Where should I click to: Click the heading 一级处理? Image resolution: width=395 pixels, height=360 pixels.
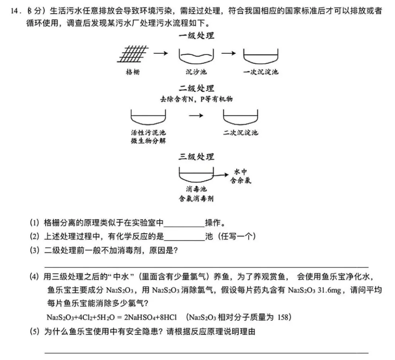tap(196, 36)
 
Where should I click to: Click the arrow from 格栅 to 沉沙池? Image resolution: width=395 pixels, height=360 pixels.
tap(160, 54)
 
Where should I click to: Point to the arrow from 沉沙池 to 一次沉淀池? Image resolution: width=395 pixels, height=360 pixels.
tap(228, 53)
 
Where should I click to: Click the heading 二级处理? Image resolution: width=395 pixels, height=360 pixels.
tap(196, 89)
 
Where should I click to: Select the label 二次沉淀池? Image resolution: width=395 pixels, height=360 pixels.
tap(240, 133)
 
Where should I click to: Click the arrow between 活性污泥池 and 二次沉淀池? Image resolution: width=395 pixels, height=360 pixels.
tap(196, 116)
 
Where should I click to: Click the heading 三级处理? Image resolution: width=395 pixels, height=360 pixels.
tap(196, 157)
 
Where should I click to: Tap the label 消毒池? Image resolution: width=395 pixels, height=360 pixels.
tap(196, 190)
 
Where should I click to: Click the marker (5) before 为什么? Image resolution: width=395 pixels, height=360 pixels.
tap(35, 331)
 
